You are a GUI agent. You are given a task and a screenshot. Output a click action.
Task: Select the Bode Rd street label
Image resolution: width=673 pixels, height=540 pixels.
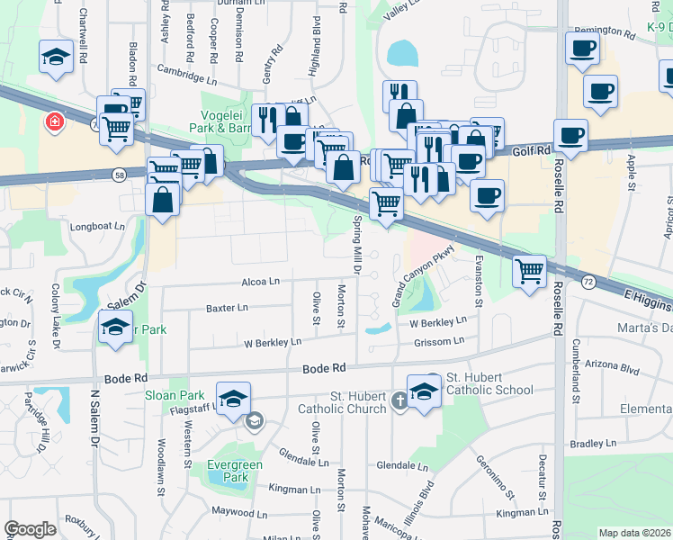[325, 368]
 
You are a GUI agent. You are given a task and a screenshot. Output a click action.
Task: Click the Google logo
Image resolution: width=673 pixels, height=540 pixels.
[30, 529]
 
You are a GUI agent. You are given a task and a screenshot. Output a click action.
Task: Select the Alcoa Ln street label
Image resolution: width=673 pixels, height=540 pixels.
[260, 282]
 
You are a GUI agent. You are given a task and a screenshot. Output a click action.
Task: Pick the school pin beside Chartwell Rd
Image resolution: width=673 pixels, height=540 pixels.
[57, 56]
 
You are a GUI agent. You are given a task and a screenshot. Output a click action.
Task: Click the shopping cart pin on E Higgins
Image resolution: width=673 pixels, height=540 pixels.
[530, 269]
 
